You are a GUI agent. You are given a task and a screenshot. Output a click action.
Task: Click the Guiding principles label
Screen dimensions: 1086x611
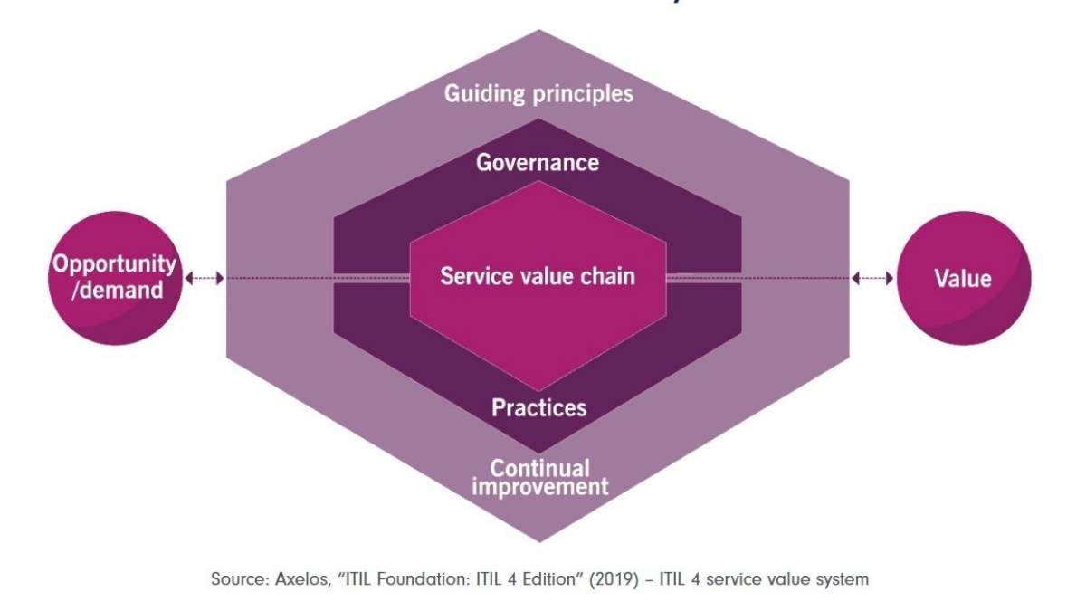[538, 93]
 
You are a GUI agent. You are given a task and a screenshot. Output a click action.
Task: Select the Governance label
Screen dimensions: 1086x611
[538, 162]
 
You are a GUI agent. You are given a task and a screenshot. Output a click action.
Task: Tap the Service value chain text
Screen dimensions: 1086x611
[538, 276]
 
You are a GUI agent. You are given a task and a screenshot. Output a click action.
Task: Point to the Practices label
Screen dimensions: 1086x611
[538, 407]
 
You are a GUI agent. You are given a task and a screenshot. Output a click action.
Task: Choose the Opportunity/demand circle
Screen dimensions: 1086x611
[114, 278]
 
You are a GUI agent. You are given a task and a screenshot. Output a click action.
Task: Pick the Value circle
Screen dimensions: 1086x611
[963, 278]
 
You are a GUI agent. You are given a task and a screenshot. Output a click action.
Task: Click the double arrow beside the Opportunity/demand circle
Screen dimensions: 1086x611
[204, 278]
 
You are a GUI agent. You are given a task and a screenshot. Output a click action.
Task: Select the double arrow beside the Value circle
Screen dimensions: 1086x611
[872, 278]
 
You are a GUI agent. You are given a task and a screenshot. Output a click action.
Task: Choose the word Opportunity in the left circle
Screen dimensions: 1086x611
[114, 264]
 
